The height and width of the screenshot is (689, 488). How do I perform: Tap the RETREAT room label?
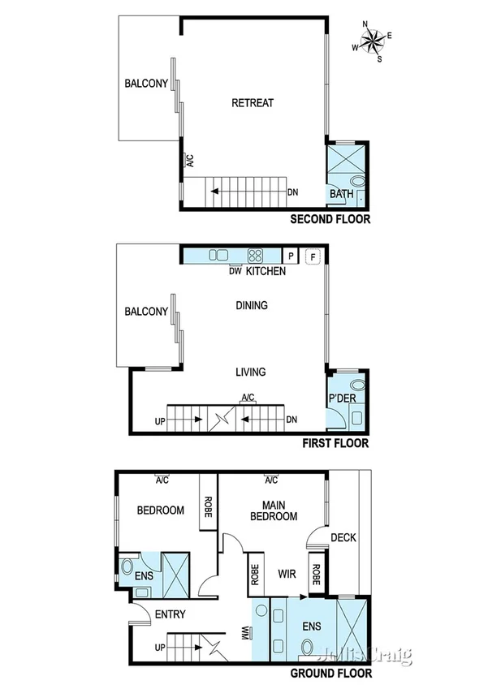(x=253, y=103)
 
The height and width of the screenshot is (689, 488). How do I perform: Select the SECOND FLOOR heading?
(x=330, y=219)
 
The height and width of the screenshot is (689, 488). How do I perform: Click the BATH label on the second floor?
(x=342, y=195)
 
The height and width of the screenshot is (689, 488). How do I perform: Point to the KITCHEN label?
(x=266, y=271)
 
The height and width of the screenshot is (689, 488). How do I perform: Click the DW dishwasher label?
(x=235, y=271)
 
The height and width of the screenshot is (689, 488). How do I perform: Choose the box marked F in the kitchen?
(x=313, y=256)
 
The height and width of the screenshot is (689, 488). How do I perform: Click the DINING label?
(x=252, y=306)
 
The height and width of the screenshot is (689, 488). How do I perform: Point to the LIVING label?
(x=251, y=372)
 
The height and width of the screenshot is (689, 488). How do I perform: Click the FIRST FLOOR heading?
(x=335, y=444)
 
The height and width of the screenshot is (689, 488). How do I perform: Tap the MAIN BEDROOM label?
(x=273, y=510)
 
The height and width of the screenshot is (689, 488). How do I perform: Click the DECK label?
(x=343, y=537)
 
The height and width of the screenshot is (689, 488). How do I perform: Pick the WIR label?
(x=284, y=575)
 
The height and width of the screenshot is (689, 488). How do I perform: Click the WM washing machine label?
(x=244, y=631)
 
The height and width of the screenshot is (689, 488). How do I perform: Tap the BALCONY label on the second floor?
(x=146, y=83)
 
